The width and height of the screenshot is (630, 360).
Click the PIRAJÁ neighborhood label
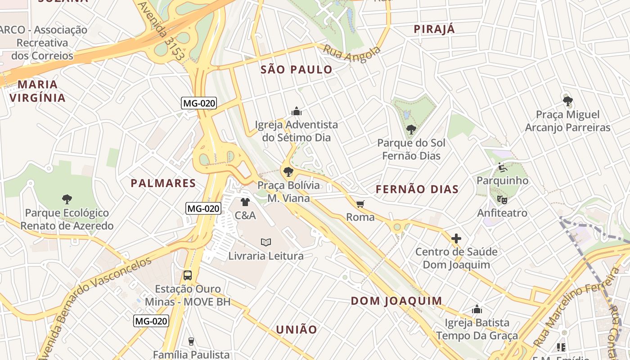[434, 29]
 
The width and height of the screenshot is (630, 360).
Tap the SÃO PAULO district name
[297, 70]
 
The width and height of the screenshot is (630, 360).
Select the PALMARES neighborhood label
[163, 183]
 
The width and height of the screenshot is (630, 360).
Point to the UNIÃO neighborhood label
[297, 329]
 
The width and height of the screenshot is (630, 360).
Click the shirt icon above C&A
[245, 202]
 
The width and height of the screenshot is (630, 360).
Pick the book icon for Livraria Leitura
[266, 242]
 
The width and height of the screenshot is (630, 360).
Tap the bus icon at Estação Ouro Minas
[188, 275]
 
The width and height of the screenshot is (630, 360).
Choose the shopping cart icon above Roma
[360, 204]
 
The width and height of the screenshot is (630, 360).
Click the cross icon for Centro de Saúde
[456, 238]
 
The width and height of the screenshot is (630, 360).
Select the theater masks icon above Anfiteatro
[502, 199]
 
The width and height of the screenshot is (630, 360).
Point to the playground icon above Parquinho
[503, 167]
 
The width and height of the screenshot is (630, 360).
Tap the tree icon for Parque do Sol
[411, 130]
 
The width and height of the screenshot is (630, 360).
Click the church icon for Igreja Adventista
[296, 111]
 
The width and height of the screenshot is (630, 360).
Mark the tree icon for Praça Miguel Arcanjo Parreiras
[568, 101]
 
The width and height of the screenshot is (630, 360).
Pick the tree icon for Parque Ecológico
[67, 199]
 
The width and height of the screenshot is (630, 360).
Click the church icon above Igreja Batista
[477, 309]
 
